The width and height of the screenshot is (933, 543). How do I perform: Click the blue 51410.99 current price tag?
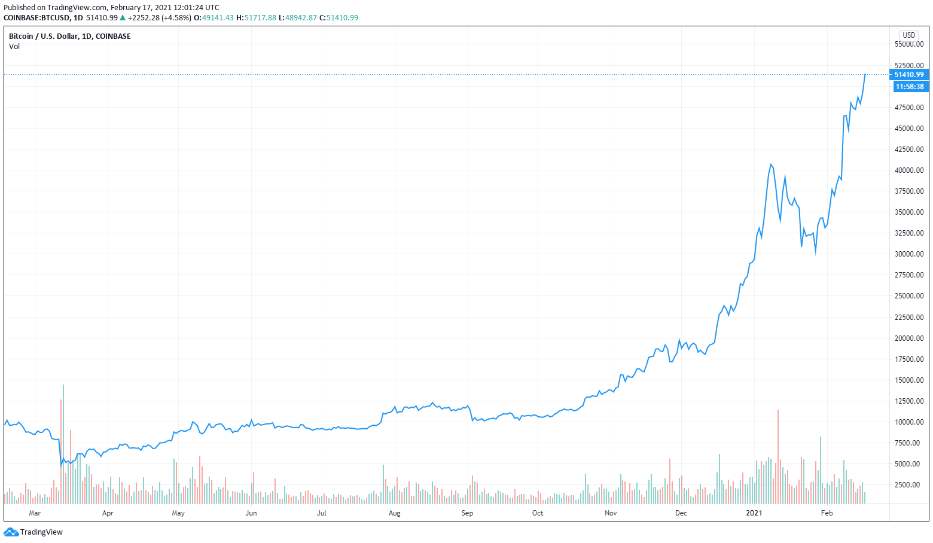pos(908,75)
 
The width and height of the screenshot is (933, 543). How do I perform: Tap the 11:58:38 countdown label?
pos(909,87)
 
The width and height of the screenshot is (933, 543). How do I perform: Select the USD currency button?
pos(909,35)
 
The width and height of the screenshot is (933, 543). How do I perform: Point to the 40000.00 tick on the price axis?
pos(909,170)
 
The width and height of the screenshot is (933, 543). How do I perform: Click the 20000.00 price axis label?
pos(909,338)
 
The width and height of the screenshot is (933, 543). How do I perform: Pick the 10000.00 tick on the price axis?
pos(909,422)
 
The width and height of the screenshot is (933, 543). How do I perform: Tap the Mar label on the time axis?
pos(35,513)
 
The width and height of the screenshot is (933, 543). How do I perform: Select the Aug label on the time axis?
pos(394,513)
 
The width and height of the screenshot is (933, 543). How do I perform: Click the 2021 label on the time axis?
pos(754,513)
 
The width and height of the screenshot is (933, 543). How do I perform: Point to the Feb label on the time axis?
pos(827,513)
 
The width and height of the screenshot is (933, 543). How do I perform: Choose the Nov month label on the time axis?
pos(611,513)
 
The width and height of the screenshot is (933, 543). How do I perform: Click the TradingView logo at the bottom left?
pos(33,532)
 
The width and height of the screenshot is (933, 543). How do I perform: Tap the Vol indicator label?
pos(14,47)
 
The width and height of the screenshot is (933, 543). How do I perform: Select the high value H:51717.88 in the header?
pos(256,18)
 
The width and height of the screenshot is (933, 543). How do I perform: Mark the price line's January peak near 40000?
pos(771,164)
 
